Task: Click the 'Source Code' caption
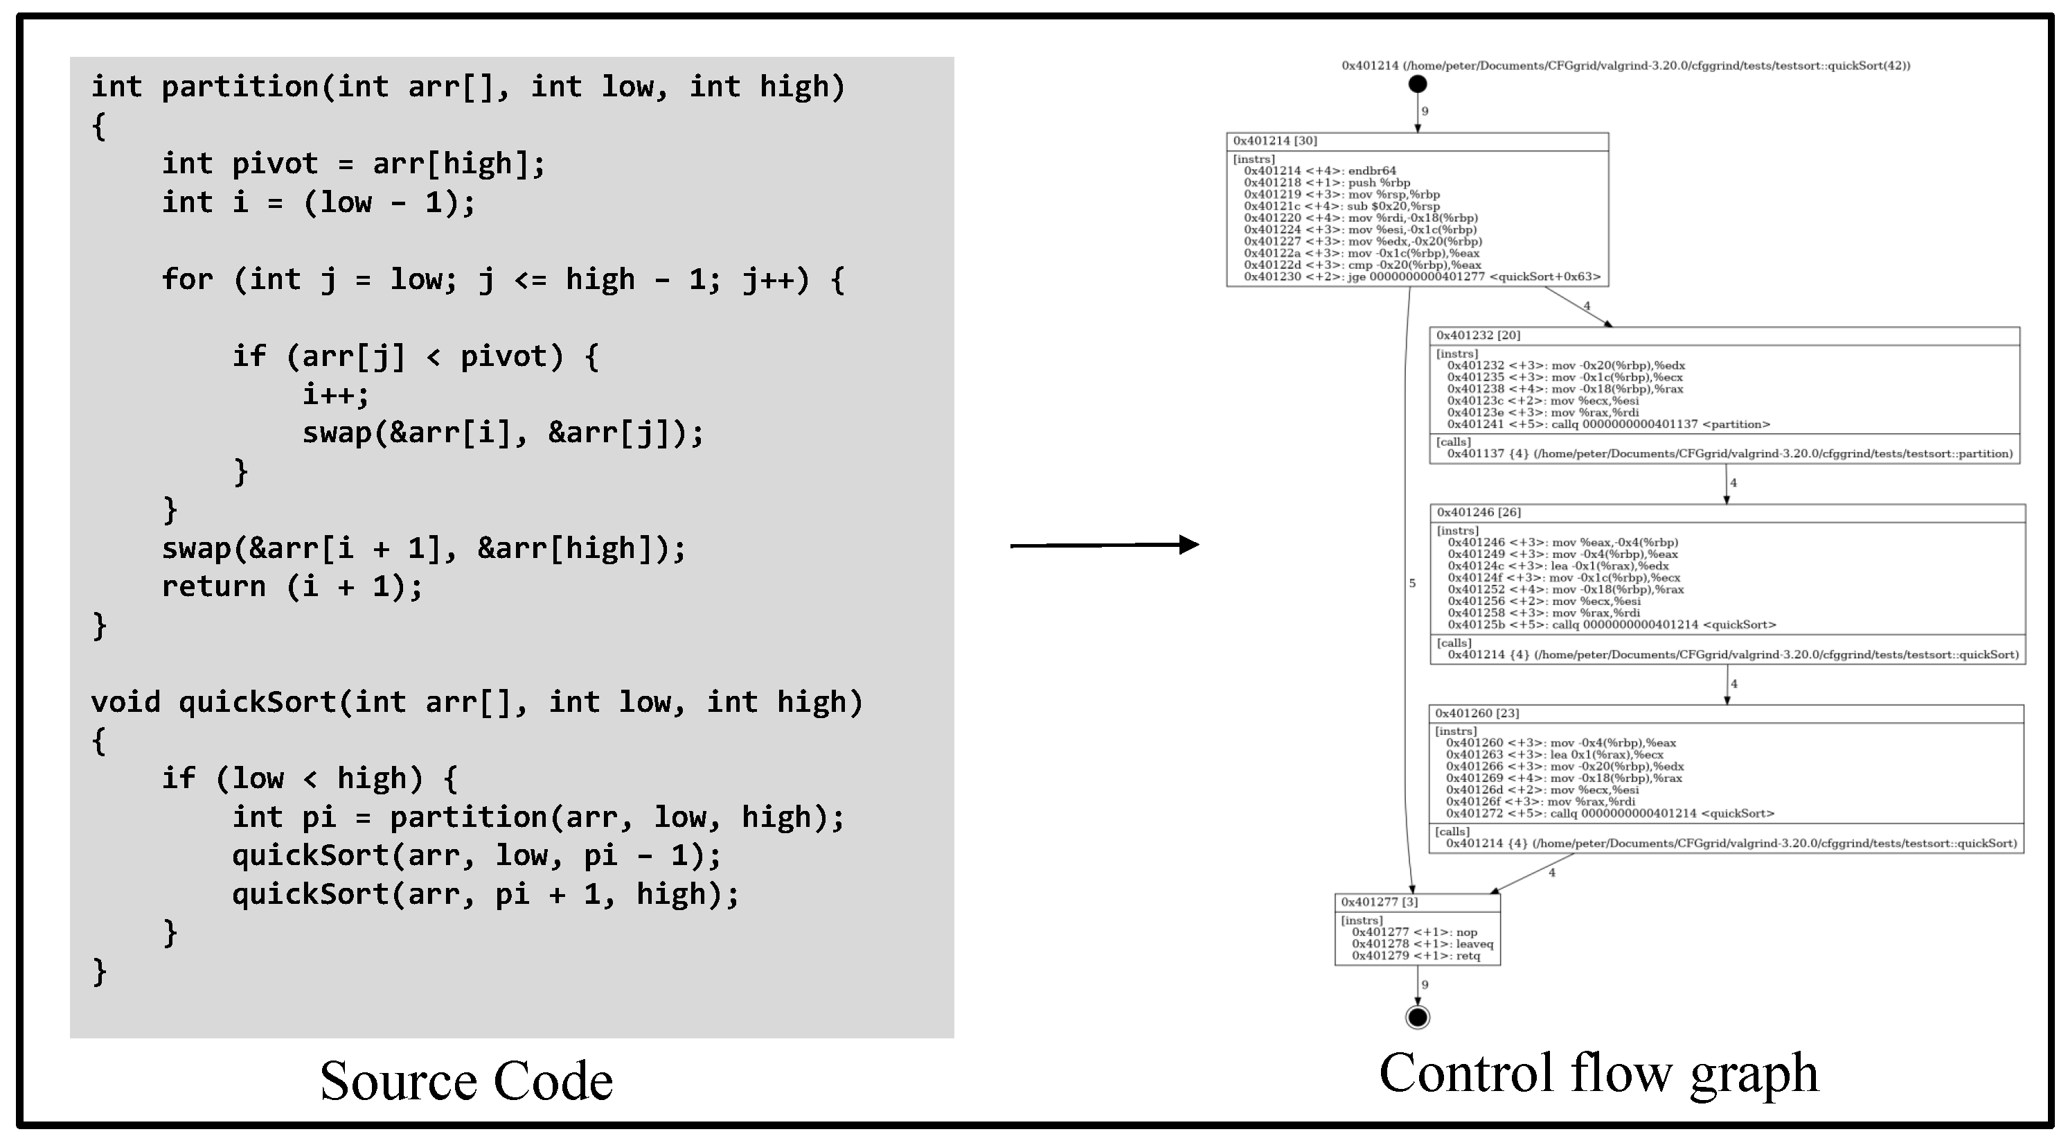tap(465, 1081)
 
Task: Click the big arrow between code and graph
tap(1104, 545)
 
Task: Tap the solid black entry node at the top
tap(1418, 84)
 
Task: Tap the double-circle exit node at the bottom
tap(1418, 1017)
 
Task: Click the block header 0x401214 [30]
tap(1275, 141)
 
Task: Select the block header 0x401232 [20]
tap(1478, 335)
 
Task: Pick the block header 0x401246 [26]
tap(1479, 512)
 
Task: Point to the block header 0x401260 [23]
tap(1477, 713)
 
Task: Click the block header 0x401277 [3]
tap(1379, 902)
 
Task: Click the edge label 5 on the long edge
tap(1412, 583)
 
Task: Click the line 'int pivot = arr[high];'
tap(353, 164)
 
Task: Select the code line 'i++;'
tap(336, 394)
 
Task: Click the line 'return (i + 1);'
tap(292, 586)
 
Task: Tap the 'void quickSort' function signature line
tap(477, 702)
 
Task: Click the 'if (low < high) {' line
tap(309, 778)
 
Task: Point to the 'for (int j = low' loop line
tap(503, 279)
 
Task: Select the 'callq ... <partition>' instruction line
tap(1608, 424)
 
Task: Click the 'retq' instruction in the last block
tap(1416, 956)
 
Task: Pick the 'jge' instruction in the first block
tap(1422, 277)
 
